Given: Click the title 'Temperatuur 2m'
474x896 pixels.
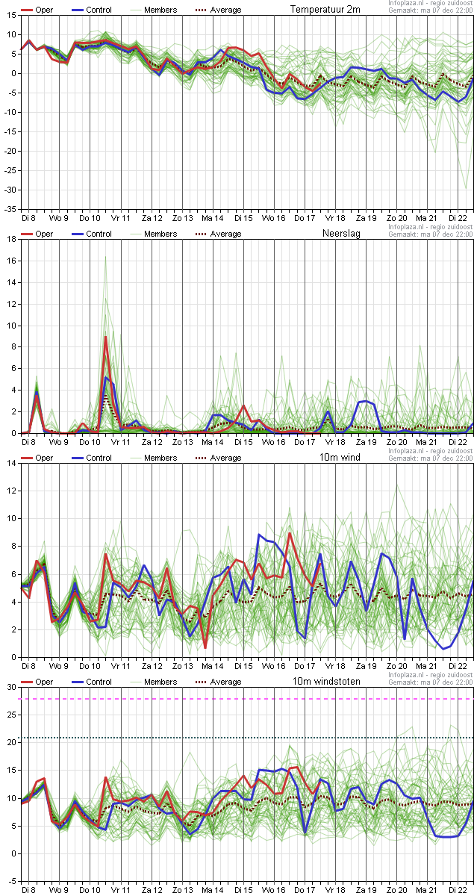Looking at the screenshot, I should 325,10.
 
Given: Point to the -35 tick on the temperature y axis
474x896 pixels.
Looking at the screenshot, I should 10,210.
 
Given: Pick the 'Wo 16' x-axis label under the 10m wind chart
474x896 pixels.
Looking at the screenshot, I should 273,666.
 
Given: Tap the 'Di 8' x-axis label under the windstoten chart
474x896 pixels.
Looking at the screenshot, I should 28,890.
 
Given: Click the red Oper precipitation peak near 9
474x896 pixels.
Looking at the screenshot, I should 106,337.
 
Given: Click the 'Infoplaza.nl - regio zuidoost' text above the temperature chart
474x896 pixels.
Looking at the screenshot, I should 430,3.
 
